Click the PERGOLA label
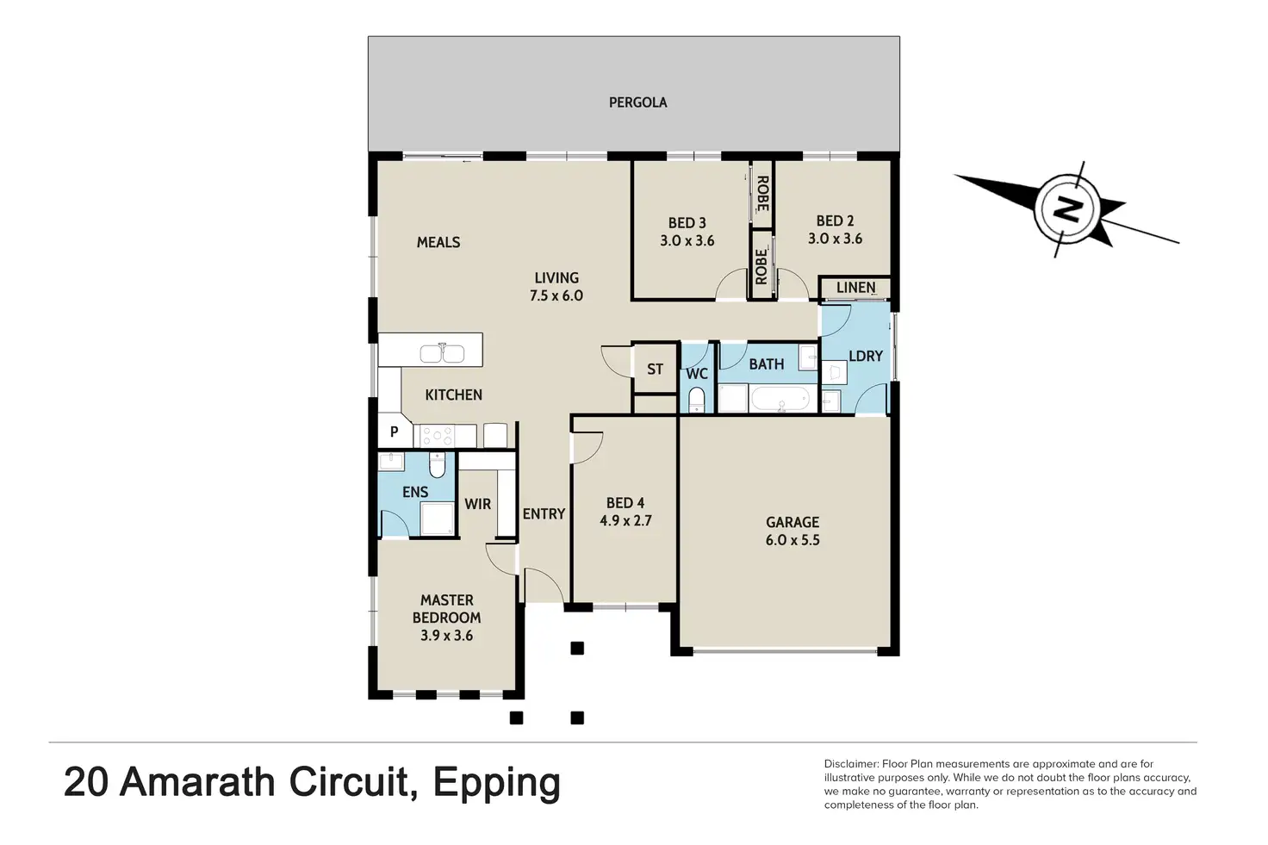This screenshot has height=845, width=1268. point(638,103)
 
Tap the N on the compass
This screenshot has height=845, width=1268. point(1066,209)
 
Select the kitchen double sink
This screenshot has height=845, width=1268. point(442,354)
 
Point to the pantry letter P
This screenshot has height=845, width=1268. point(394,432)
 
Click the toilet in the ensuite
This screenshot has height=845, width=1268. point(438,464)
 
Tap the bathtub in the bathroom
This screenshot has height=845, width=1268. point(781,399)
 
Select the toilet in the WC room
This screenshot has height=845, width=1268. point(696,400)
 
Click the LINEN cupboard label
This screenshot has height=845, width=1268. point(856,288)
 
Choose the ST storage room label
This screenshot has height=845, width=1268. point(655,370)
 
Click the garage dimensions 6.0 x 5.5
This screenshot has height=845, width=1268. point(792,540)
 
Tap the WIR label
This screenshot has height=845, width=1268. point(478,504)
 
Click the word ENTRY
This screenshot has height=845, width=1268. point(544,514)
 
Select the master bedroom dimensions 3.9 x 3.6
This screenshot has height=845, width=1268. point(446,636)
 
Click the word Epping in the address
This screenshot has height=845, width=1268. point(497,783)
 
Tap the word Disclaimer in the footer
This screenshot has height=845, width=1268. point(851,764)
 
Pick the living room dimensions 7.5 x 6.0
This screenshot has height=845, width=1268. point(556,295)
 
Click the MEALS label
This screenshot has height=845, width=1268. point(438,242)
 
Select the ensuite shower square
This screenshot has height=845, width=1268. point(437,519)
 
